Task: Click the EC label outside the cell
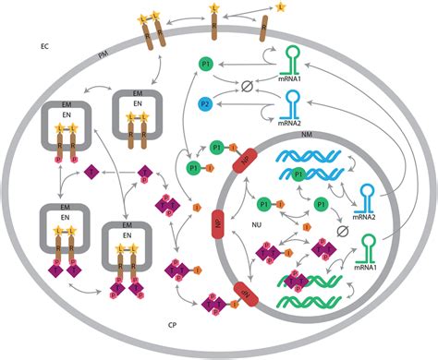tap(44, 44)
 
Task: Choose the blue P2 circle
tap(205, 104)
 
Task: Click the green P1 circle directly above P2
tap(205, 64)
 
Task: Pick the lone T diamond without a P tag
tap(91, 172)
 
